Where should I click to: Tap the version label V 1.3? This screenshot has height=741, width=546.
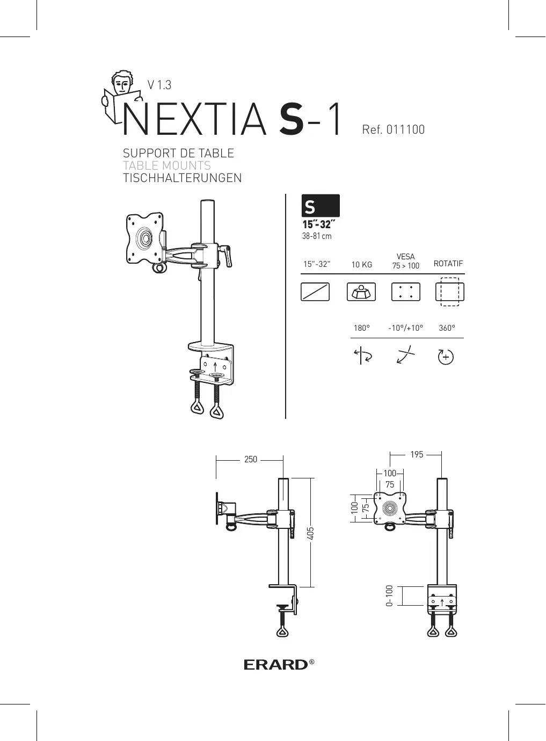coord(159,85)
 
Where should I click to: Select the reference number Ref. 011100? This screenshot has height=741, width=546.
coord(393,129)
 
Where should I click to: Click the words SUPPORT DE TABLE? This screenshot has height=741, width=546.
coord(178,153)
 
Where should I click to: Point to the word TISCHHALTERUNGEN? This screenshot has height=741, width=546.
coord(182,178)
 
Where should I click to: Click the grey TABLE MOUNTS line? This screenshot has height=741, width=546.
coord(166,165)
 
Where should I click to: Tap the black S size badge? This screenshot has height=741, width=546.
coord(321,206)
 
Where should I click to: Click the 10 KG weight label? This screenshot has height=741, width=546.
coord(361,265)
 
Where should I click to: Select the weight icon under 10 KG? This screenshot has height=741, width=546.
coord(361,292)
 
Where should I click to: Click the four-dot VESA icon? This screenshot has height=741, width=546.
coord(406,292)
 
